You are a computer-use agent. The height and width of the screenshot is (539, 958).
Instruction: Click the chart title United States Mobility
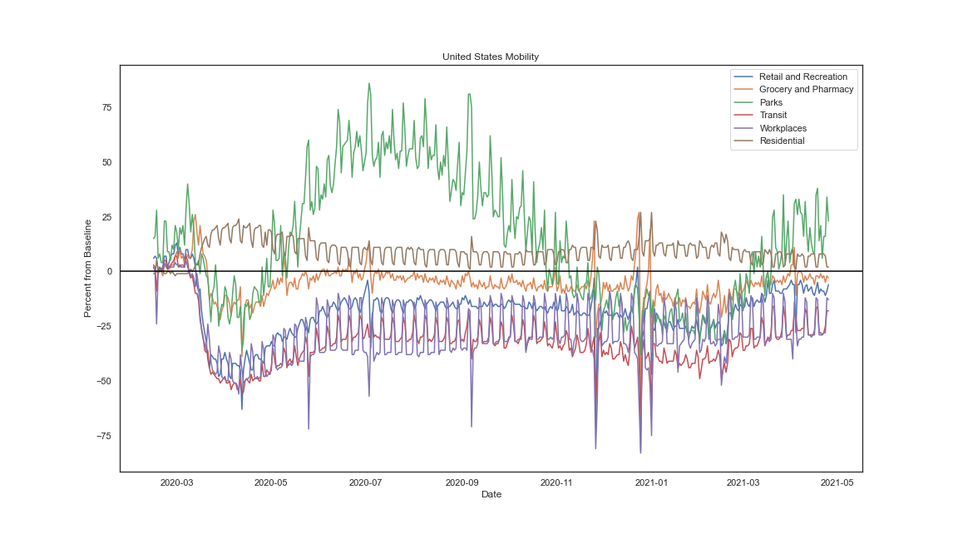pyautogui.click(x=490, y=57)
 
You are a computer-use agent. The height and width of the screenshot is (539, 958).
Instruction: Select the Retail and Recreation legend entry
pyautogui.click(x=802, y=77)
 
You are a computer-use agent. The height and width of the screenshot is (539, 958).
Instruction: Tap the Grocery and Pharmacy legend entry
pyautogui.click(x=806, y=89)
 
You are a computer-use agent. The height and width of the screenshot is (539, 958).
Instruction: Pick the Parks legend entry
pyautogui.click(x=770, y=102)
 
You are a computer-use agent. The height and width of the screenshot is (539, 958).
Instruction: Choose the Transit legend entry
pyautogui.click(x=773, y=115)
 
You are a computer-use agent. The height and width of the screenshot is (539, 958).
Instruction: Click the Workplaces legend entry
pyautogui.click(x=783, y=128)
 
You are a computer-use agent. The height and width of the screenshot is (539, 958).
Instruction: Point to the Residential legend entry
pyautogui.click(x=781, y=141)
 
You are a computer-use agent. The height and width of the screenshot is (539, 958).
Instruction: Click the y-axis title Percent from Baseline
pyautogui.click(x=87, y=268)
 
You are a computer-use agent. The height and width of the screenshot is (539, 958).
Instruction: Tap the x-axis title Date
pyautogui.click(x=491, y=494)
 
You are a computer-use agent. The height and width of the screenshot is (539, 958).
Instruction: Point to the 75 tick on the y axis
pyautogui.click(x=106, y=107)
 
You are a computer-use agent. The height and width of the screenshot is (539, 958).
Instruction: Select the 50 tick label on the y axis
pyautogui.click(x=106, y=162)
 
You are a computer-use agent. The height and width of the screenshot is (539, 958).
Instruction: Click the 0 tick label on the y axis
pyautogui.click(x=109, y=271)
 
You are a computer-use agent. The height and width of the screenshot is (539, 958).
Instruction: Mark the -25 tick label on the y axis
pyautogui.click(x=104, y=326)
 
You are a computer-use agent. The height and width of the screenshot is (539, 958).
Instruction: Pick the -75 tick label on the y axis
pyautogui.click(x=104, y=436)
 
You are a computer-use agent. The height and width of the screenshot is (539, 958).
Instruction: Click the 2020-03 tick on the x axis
pyautogui.click(x=176, y=482)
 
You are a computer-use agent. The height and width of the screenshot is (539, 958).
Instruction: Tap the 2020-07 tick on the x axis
pyautogui.click(x=365, y=482)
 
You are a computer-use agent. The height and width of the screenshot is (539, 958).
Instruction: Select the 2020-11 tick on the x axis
pyautogui.click(x=556, y=482)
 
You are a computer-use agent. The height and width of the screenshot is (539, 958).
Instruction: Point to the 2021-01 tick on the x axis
pyautogui.click(x=651, y=482)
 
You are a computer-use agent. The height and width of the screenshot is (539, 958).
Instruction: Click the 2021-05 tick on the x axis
pyautogui.click(x=837, y=482)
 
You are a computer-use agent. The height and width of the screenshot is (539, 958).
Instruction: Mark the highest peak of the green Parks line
pyautogui.click(x=369, y=83)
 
